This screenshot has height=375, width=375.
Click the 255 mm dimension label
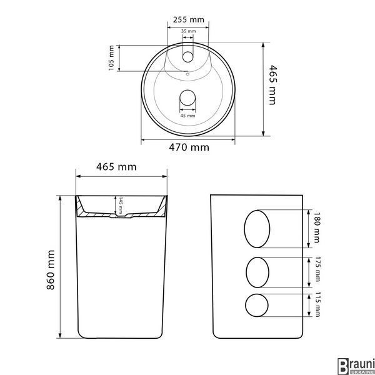(x=189, y=19)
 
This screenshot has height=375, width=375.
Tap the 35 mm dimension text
(x=189, y=31)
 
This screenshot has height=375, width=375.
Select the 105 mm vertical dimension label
(x=111, y=58)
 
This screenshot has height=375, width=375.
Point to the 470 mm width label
(x=189, y=147)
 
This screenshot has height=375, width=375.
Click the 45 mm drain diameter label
(x=187, y=116)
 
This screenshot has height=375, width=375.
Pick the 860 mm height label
(x=51, y=270)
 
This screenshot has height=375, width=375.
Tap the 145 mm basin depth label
(x=121, y=206)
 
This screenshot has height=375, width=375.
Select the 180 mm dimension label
(x=317, y=227)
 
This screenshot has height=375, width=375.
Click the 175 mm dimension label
(x=317, y=269)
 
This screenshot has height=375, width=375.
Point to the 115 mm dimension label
(x=317, y=304)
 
